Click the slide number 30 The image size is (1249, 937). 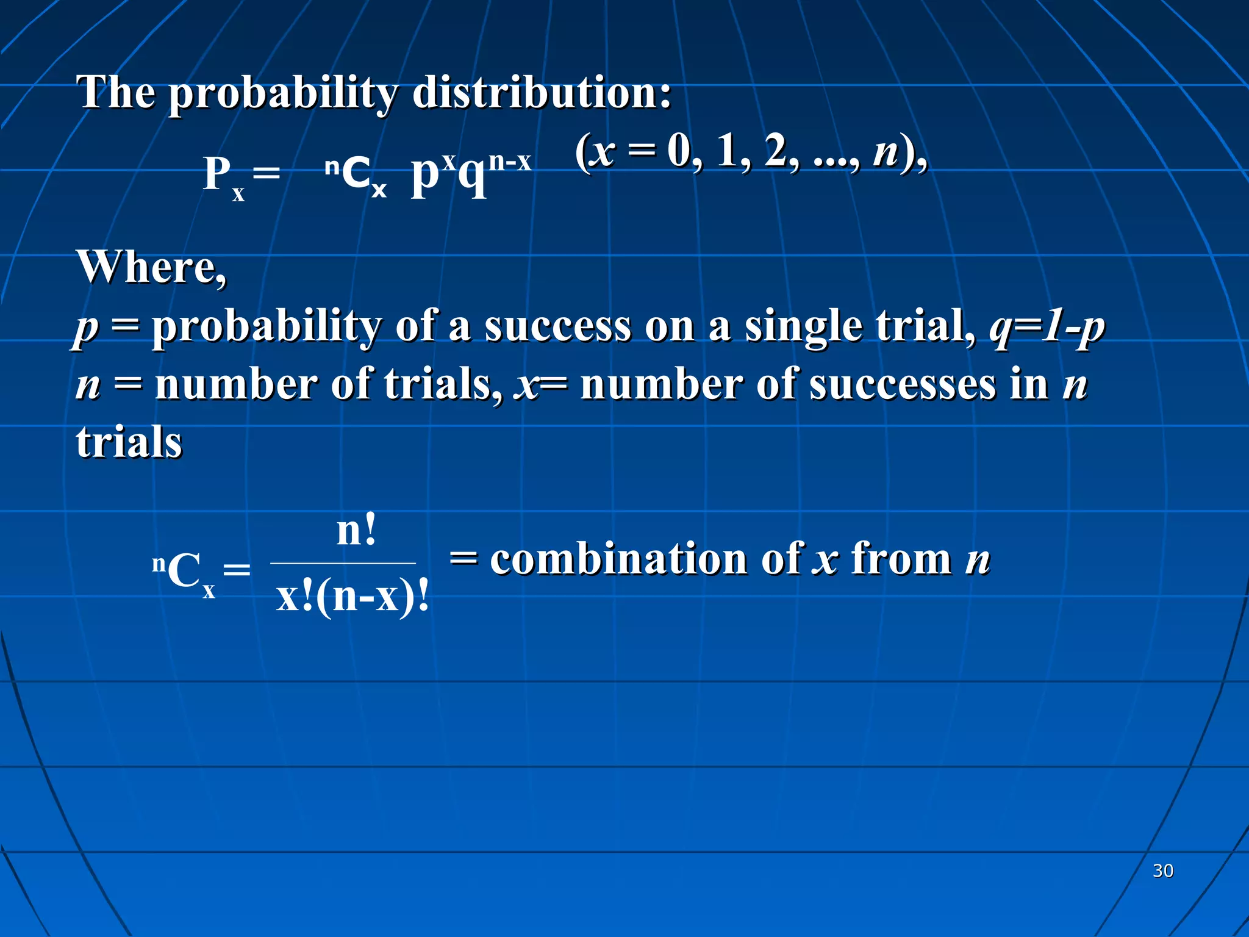tap(1162, 871)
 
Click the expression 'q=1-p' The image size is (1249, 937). tap(1047, 327)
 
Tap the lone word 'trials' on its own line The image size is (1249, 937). tap(129, 442)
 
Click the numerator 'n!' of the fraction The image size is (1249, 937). tap(357, 531)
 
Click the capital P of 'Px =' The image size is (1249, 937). tap(217, 174)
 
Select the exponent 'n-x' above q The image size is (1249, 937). tap(510, 161)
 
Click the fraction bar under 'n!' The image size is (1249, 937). tap(343, 564)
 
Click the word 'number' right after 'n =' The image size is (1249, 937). tap(235, 384)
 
